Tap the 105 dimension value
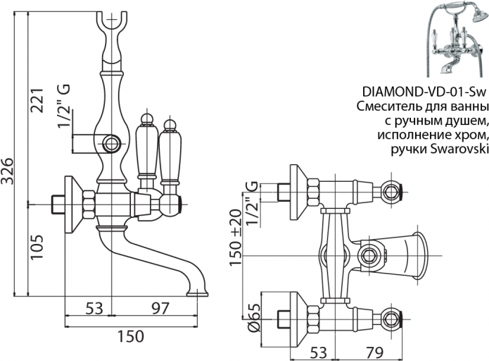coord(37,247)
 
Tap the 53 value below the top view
coord(319,350)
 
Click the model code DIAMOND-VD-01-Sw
coord(425,91)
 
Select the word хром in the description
coord(469,134)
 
